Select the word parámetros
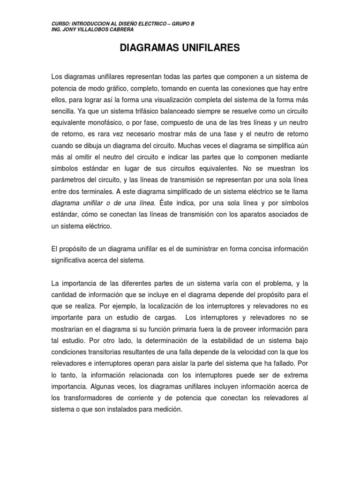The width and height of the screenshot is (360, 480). click(68, 180)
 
